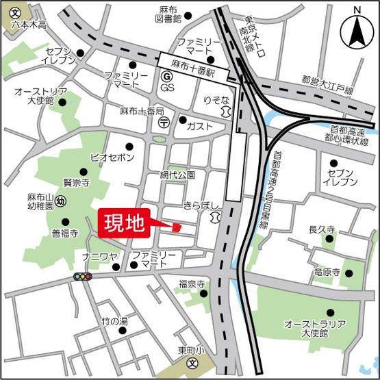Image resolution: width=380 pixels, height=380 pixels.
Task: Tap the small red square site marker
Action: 176,227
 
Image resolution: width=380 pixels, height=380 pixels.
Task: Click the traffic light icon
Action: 83,277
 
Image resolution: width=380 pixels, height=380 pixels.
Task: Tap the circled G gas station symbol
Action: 166,77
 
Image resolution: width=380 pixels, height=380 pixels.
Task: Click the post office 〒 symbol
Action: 164,122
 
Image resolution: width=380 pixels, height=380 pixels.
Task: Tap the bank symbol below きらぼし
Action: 216,217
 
